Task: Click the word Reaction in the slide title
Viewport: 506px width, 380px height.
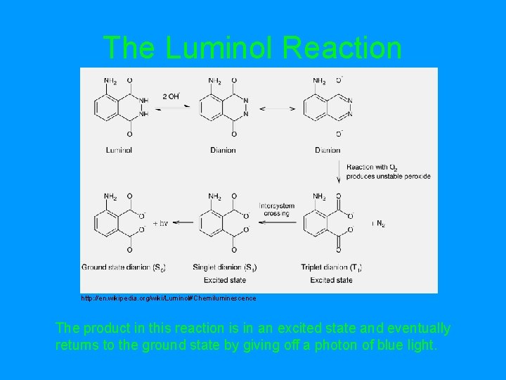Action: pos(343,48)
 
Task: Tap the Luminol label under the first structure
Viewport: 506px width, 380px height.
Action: pos(119,150)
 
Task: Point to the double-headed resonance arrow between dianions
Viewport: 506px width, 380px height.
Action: pos(278,108)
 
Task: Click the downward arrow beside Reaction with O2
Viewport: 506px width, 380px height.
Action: pos(339,170)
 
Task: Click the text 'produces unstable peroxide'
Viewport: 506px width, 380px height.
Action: pos(389,176)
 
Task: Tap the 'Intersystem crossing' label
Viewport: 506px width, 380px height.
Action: pos(277,209)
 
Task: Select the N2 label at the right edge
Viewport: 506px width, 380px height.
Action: pos(379,223)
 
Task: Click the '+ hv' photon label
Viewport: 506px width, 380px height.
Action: pos(160,223)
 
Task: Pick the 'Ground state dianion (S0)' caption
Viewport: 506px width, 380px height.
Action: pos(124,267)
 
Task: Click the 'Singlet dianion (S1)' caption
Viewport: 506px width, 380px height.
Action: pos(228,267)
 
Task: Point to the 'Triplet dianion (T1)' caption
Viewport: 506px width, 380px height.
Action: pos(331,267)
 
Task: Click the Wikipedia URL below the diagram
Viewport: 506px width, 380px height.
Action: pos(169,298)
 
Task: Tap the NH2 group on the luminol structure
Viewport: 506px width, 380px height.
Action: pos(110,81)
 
